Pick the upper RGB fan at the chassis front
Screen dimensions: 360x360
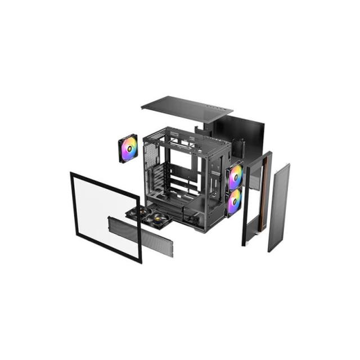pyautogui.click(x=235, y=177)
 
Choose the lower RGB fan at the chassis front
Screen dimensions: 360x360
pyautogui.click(x=234, y=201)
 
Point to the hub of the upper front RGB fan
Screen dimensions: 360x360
pyautogui.click(x=235, y=177)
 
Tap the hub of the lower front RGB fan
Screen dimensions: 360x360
pyautogui.click(x=234, y=201)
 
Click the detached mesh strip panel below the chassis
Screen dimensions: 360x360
pyautogui.click(x=141, y=235)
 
